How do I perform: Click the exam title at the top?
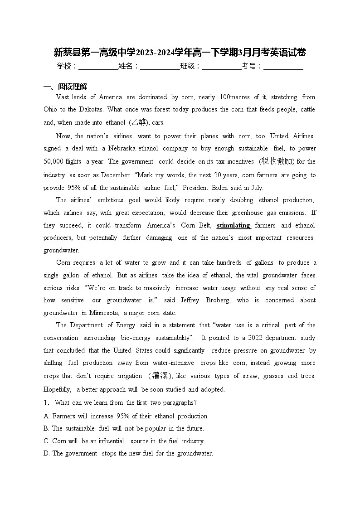tap(180, 53)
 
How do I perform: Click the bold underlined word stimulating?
tap(234, 225)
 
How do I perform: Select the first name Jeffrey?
tap(190, 300)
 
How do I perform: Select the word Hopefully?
tap(57, 389)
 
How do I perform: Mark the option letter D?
tap(46, 453)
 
